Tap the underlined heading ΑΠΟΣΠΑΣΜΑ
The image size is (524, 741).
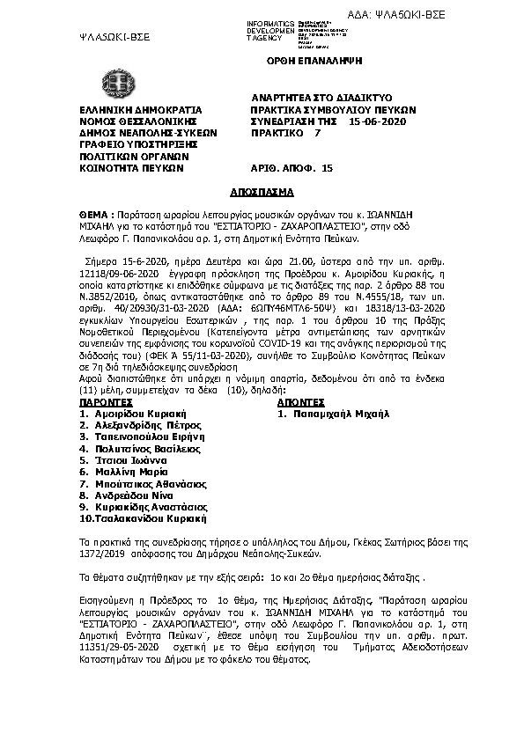[261, 190]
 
